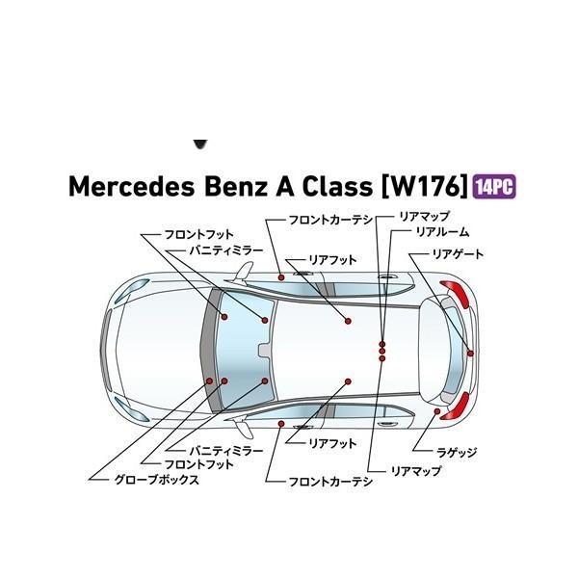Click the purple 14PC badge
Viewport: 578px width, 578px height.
click(493, 186)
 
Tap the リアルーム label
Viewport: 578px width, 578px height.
click(442, 232)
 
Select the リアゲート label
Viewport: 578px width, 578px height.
click(458, 254)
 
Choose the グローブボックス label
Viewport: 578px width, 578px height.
click(157, 479)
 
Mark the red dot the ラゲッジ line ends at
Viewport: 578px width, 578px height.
click(438, 412)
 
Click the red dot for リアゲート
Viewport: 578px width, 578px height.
click(470, 354)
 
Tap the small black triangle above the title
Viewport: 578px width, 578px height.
click(200, 144)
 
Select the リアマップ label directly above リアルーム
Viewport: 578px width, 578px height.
click(425, 218)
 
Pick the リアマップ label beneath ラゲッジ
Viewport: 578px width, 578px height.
click(416, 471)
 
